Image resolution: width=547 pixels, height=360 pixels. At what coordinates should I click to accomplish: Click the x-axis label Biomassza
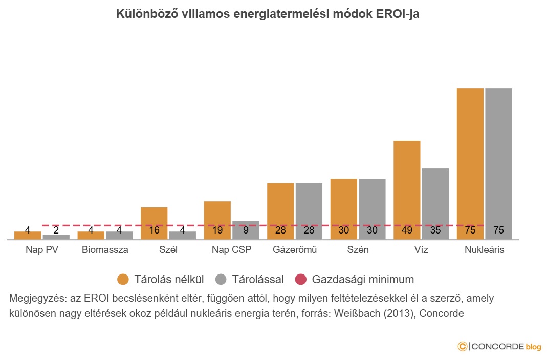tap(105, 250)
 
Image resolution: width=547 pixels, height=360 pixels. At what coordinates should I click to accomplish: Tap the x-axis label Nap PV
tap(42, 250)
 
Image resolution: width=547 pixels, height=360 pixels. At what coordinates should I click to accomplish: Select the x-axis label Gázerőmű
tap(295, 250)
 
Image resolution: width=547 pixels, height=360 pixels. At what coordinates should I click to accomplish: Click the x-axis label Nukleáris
tap(484, 250)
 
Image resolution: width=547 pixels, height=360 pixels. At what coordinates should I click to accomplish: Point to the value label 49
tap(407, 230)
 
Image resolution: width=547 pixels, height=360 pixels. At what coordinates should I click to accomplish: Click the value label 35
tap(435, 230)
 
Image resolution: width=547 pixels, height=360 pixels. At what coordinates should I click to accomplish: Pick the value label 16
tap(154, 230)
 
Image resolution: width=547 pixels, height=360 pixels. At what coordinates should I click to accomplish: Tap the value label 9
tap(246, 230)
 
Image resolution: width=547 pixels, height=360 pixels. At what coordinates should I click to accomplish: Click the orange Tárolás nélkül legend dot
tap(123, 280)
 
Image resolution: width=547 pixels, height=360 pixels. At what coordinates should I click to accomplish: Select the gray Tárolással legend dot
tap(221, 280)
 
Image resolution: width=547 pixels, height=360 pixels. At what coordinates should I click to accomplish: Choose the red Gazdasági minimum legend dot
tap(301, 280)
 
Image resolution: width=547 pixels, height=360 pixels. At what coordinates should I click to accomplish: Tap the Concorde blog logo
tap(499, 347)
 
